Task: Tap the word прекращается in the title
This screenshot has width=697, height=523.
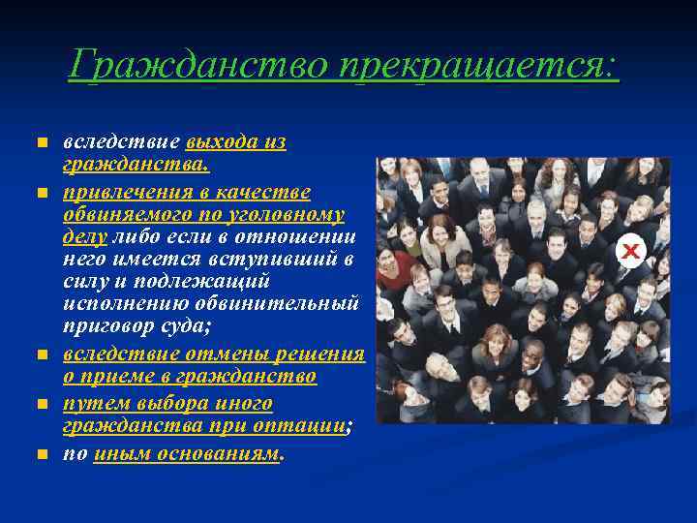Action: click(x=477, y=66)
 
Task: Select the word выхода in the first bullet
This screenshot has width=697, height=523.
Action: click(x=222, y=142)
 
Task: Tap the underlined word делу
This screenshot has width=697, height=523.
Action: click(x=85, y=235)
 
